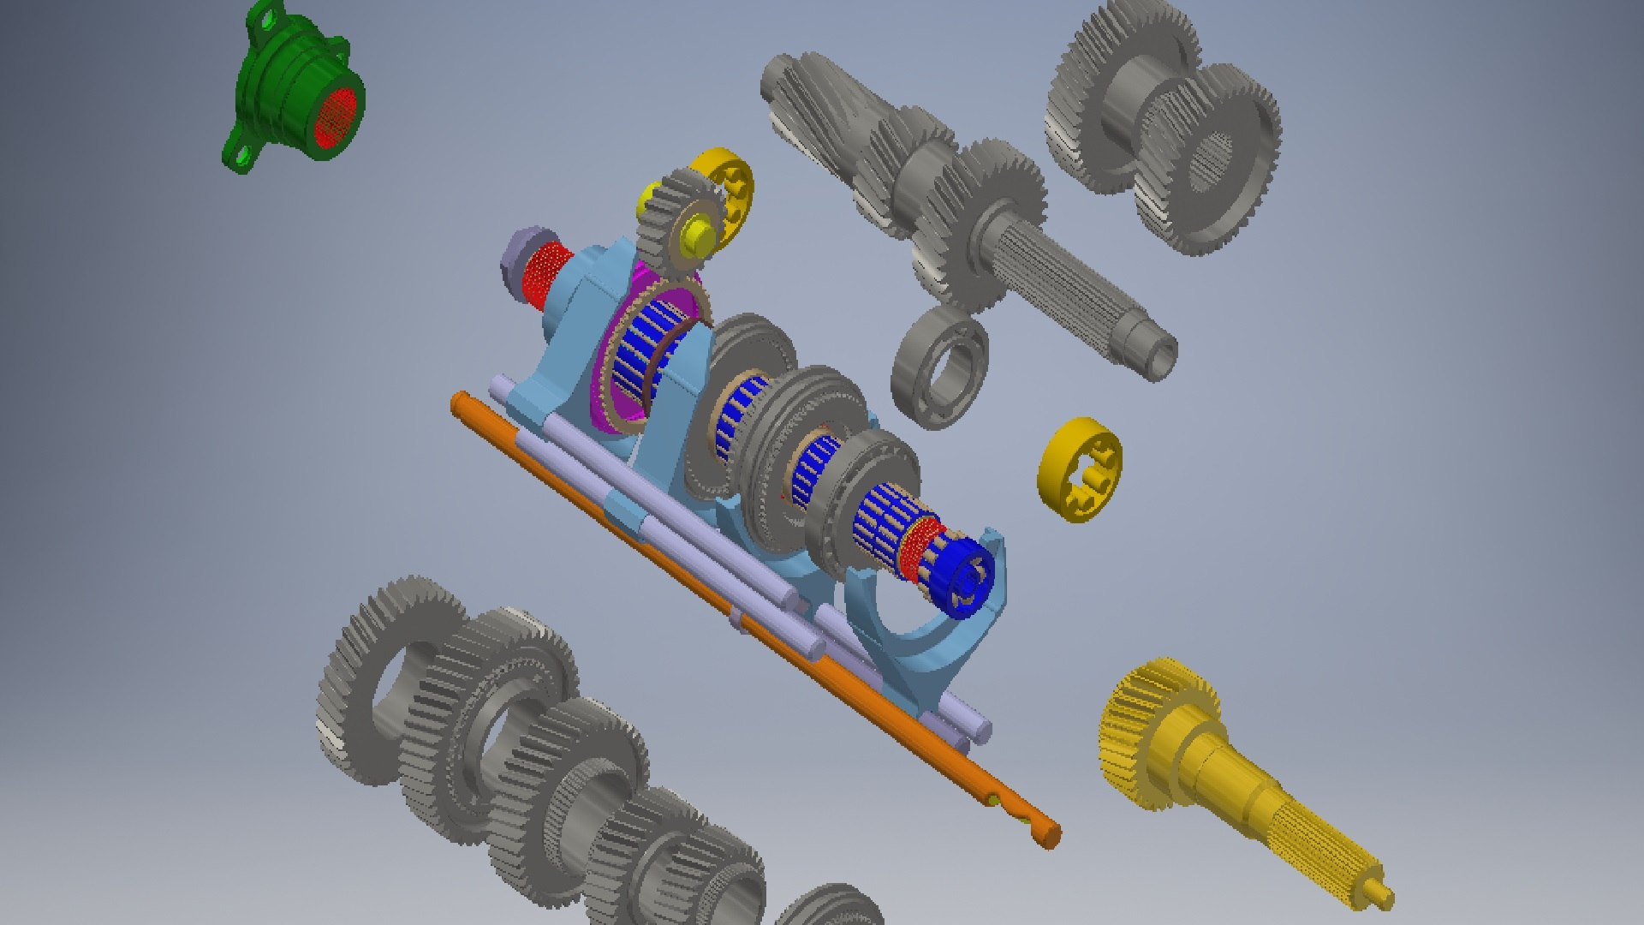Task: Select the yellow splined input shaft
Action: click(1242, 788)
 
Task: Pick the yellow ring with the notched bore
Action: click(1078, 469)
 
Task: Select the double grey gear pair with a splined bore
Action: click(1164, 128)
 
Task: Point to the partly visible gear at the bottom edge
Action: click(831, 908)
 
